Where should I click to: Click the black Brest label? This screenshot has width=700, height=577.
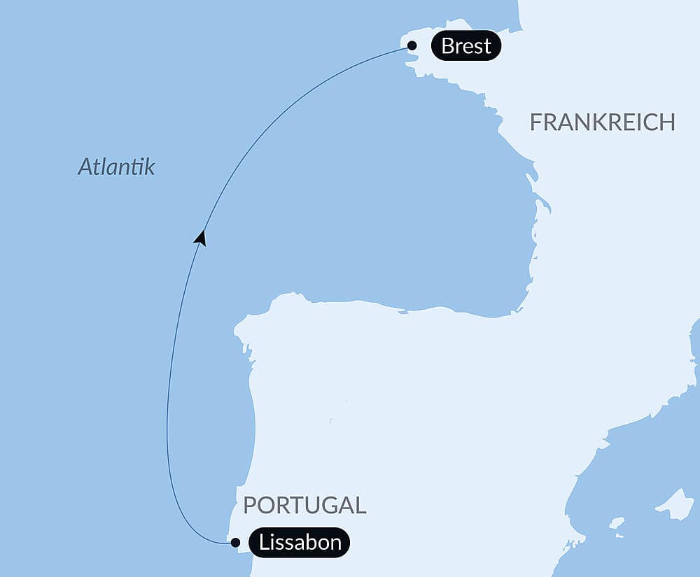tap(465, 46)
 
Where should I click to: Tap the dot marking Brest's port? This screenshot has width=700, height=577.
tap(412, 46)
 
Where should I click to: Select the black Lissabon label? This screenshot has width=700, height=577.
tap(300, 542)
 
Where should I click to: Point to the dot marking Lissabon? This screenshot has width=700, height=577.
tap(235, 542)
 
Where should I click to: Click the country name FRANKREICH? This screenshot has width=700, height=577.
tap(602, 122)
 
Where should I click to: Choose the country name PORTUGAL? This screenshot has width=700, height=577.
tap(304, 505)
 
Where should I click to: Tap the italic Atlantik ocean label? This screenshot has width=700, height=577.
tap(116, 166)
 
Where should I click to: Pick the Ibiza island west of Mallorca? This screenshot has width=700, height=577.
tap(616, 522)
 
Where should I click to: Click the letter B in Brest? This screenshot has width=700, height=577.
tap(448, 46)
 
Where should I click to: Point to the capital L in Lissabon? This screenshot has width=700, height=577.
tap(264, 542)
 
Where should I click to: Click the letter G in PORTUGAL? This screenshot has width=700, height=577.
tap(328, 505)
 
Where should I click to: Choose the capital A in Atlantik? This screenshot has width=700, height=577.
tap(85, 166)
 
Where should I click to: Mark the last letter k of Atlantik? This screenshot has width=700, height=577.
tap(149, 166)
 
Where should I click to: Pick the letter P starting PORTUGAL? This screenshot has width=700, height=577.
tap(250, 505)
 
